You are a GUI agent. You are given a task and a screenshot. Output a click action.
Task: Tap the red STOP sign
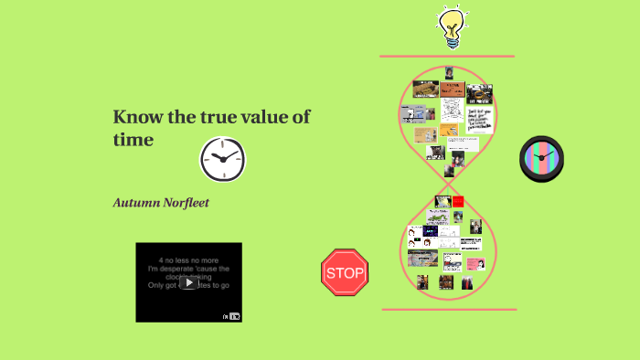coord(345,273)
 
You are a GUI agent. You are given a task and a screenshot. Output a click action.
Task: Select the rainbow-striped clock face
coord(541,159)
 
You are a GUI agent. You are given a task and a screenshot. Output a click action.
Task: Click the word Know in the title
coord(131,118)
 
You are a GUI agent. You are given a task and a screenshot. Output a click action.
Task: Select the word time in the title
coord(133,140)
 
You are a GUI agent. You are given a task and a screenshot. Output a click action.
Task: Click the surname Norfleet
coord(187,202)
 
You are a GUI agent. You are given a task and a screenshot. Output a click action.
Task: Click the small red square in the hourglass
coord(458,201)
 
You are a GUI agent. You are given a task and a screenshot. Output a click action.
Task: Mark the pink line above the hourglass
coord(447,57)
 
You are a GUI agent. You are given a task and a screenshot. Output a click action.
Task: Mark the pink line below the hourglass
coord(449,309)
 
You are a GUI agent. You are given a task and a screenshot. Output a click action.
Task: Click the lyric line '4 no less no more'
coord(188,259)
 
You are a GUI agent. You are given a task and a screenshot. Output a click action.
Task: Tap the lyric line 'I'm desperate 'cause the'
coord(188,269)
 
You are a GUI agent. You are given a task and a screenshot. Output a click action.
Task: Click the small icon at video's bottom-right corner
coord(233,316)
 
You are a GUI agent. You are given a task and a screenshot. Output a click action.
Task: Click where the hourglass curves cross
coord(449,186)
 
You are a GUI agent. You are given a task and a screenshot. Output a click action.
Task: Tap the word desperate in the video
coord(182,269)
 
